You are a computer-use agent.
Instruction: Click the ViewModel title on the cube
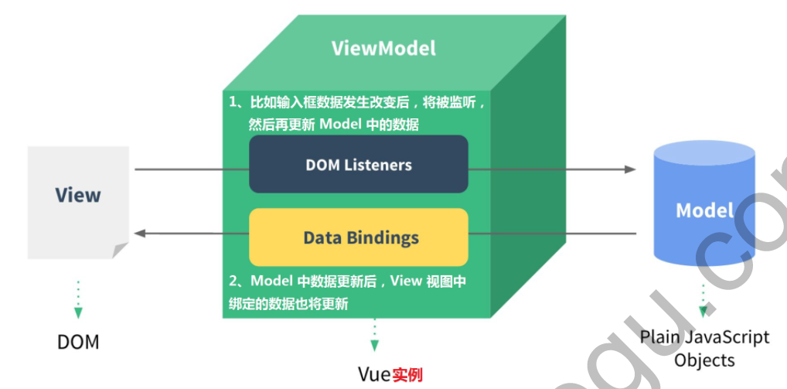tap(383, 48)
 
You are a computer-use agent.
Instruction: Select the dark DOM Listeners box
tap(358, 164)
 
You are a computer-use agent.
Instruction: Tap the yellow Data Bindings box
tap(358, 237)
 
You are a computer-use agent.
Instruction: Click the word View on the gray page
tap(78, 194)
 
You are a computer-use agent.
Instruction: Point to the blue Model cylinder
tap(704, 209)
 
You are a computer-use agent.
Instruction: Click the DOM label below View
tap(78, 342)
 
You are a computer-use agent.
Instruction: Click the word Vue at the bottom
tap(374, 375)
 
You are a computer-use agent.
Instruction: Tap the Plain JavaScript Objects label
tap(704, 348)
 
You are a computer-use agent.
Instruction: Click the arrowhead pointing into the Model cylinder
tap(629, 169)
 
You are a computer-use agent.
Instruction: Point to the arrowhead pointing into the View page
tap(140, 233)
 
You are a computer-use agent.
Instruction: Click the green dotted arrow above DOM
tap(78, 298)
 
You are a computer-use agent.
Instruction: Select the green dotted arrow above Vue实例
tap(375, 334)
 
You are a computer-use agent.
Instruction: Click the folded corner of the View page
tap(119, 249)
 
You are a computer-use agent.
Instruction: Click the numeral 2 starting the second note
tap(233, 282)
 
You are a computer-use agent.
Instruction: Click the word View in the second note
tap(405, 282)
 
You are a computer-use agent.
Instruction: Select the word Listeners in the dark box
tap(379, 165)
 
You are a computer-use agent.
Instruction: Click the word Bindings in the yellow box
tap(383, 237)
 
